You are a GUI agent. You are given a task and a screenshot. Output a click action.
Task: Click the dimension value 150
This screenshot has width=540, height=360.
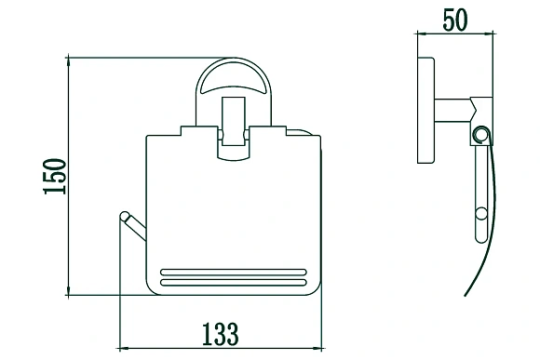(x=54, y=176)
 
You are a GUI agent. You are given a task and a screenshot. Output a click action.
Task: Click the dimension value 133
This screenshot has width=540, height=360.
(x=220, y=334)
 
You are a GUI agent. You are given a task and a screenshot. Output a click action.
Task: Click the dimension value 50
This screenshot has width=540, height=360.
(x=455, y=20)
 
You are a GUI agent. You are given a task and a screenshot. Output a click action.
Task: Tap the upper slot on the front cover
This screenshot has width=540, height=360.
(x=233, y=273)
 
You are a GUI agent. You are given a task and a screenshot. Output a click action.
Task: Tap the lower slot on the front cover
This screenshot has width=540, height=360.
(x=233, y=283)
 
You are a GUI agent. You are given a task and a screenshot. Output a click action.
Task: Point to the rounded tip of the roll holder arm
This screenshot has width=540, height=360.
(x=125, y=216)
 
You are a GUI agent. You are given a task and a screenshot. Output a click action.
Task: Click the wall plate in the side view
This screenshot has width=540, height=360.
(x=425, y=110)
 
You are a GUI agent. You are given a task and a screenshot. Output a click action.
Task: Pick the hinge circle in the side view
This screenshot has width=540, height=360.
(x=481, y=135)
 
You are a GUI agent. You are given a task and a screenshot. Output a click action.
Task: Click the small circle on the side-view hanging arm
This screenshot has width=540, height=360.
(x=481, y=213)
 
